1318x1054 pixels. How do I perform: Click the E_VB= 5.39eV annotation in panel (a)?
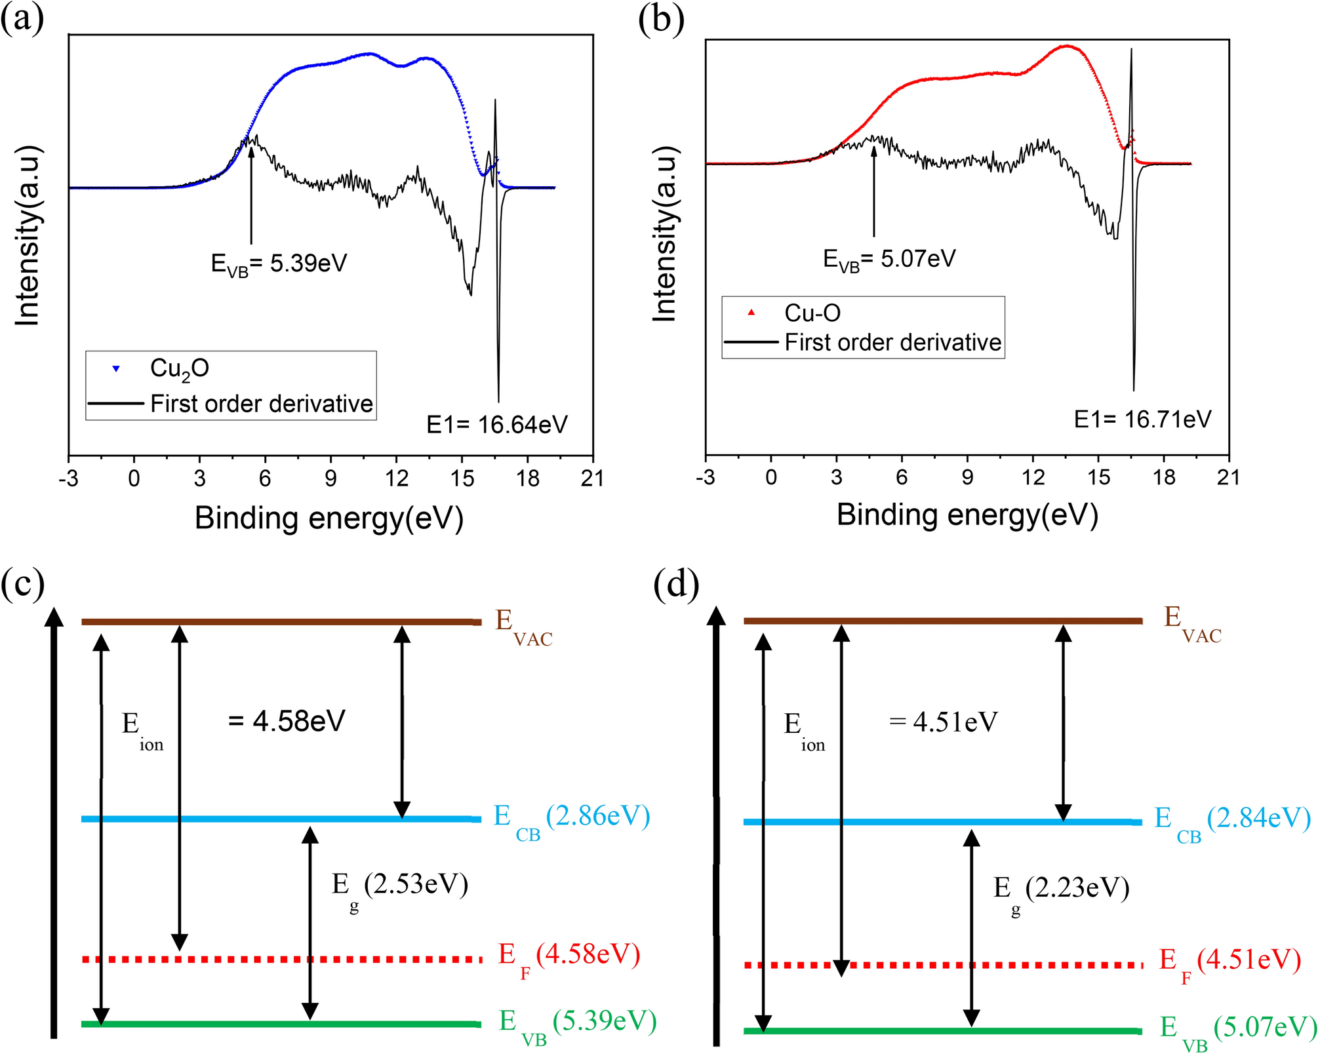[x=279, y=263]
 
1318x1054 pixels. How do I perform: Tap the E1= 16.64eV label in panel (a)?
[x=496, y=425]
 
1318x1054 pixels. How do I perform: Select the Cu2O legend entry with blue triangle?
[x=178, y=368]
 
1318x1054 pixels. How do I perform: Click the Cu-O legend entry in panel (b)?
[x=812, y=313]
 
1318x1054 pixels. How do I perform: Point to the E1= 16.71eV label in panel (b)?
[x=1142, y=419]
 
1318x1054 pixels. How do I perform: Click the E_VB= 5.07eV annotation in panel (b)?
[x=889, y=259]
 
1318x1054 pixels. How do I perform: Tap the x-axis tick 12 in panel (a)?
[x=396, y=478]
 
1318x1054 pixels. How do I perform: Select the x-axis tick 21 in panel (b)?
[x=1228, y=477]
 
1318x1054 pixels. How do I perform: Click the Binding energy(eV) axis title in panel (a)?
[x=329, y=518]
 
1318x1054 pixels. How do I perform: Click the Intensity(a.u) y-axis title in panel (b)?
[x=664, y=234]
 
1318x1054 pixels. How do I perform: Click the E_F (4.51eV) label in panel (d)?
[x=1229, y=962]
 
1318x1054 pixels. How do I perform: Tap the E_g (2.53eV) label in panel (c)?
[x=399, y=886]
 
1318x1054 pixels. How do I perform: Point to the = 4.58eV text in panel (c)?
[x=287, y=721]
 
